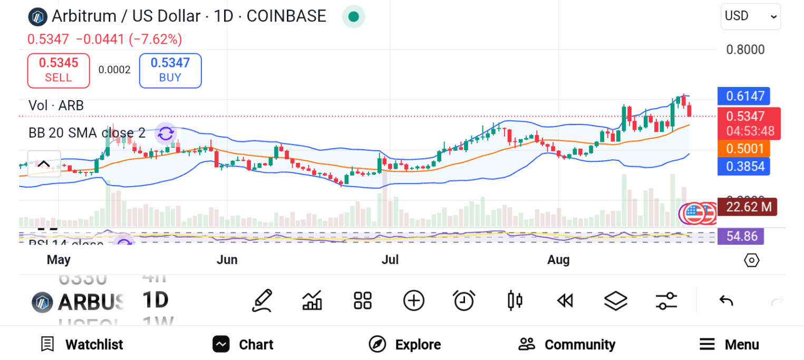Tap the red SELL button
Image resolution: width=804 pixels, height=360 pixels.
(x=59, y=70)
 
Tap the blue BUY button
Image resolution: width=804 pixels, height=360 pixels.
(x=170, y=70)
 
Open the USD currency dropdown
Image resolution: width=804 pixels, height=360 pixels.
(x=750, y=16)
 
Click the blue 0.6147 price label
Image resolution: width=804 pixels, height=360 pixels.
(x=744, y=96)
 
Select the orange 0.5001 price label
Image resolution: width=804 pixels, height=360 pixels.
(x=744, y=149)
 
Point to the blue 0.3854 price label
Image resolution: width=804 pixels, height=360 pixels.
(x=744, y=167)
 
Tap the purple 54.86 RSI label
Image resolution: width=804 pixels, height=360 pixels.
(x=741, y=236)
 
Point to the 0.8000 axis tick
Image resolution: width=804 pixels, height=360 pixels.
(x=745, y=50)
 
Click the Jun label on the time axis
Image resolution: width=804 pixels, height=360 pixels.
(x=227, y=260)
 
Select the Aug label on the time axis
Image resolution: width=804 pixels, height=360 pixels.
(x=558, y=260)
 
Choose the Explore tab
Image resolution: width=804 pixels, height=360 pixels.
(x=404, y=345)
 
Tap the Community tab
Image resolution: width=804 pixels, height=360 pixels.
(x=567, y=345)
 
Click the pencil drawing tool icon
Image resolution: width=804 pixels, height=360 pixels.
(x=262, y=301)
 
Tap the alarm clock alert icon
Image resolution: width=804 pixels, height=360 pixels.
(x=464, y=301)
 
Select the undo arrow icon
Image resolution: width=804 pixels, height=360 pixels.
(x=726, y=301)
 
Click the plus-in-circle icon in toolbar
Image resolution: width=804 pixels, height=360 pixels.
(x=414, y=301)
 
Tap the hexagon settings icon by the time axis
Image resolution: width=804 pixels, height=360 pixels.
(x=751, y=260)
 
